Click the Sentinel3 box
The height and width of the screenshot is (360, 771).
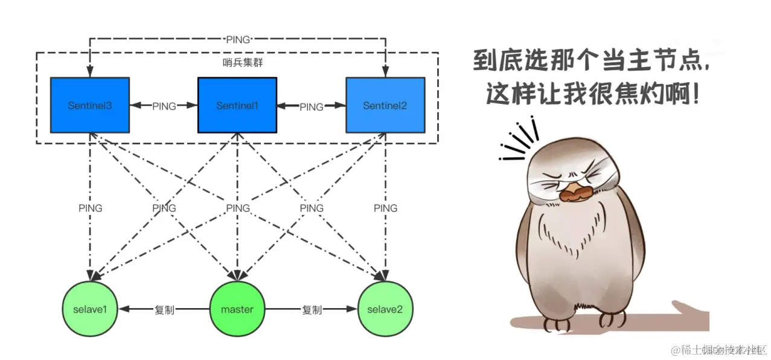89,105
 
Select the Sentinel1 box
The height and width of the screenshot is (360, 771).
237,105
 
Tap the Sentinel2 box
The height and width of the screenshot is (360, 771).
385,105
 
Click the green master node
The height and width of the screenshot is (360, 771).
237,310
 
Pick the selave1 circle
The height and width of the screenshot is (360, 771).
89,310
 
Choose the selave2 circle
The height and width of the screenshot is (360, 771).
385,310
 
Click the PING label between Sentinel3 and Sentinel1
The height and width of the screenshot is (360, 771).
164,106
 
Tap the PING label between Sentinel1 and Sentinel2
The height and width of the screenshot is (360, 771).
312,107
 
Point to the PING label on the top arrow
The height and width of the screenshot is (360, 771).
237,40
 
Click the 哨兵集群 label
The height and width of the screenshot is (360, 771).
237,62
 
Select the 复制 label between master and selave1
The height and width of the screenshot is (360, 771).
164,310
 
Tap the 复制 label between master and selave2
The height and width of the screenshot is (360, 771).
312,310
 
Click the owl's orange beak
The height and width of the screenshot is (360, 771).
574,192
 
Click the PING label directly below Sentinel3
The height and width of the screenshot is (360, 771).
91,208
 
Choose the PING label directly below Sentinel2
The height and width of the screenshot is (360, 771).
385,208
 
